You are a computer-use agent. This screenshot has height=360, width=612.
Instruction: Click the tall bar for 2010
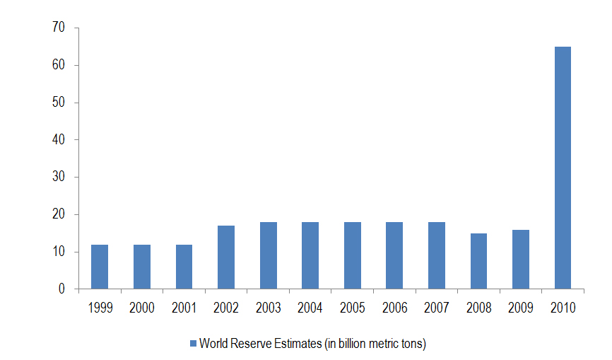coord(563,168)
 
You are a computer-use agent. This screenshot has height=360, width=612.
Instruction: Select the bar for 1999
coord(100,267)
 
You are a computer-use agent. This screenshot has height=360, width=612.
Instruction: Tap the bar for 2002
coord(226,257)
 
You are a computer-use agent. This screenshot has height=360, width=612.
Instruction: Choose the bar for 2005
coord(353,255)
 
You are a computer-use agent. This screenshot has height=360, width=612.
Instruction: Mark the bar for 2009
coord(521,260)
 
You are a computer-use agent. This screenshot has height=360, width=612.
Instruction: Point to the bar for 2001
coord(184,267)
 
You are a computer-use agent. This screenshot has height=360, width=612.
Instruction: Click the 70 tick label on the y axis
coord(58,28)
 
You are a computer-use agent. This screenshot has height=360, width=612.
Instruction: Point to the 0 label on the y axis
coord(61,289)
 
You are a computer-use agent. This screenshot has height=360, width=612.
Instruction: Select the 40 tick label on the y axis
coord(58,140)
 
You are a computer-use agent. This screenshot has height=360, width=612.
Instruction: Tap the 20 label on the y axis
coord(58,214)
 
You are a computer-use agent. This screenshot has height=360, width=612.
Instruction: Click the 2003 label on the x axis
coord(268,308)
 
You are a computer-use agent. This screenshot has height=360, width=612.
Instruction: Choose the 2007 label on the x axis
coord(437,308)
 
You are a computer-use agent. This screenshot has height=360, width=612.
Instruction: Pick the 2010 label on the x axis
coord(563,308)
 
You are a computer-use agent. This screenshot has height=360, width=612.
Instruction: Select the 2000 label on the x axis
coord(141,308)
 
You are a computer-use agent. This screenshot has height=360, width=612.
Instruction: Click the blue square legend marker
coord(192,344)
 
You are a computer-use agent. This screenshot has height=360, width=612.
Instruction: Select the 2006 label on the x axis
coord(394,308)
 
